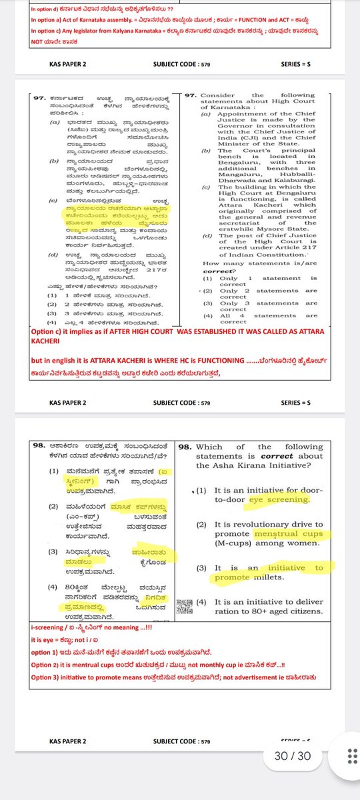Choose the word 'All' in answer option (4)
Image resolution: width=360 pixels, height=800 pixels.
(225, 315)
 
